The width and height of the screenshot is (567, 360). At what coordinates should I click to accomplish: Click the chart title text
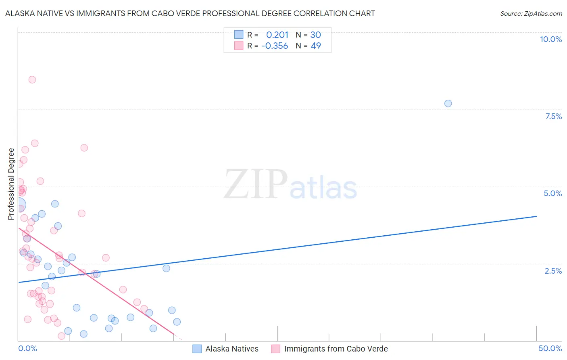190,14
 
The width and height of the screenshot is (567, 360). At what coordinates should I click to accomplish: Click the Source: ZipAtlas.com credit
531,14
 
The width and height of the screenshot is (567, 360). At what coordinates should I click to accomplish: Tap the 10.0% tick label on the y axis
550,39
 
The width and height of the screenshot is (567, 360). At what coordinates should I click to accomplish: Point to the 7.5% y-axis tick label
553,116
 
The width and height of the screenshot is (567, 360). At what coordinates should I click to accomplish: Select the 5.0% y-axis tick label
552,193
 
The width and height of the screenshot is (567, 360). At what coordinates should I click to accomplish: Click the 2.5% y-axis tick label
553,271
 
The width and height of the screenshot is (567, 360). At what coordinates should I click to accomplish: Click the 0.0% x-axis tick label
27,348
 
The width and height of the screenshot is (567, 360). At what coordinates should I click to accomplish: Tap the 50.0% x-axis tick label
550,348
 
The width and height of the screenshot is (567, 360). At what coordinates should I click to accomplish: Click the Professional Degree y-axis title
11,184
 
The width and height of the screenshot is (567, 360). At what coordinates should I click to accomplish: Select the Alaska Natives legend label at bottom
232,349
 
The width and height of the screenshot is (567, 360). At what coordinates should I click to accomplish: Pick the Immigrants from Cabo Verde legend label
336,349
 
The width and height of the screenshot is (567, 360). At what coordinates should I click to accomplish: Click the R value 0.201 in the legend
277,35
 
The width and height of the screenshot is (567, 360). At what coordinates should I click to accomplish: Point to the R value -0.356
275,46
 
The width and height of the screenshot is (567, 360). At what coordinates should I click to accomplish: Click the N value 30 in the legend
316,35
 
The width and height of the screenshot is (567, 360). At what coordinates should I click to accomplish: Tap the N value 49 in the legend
316,46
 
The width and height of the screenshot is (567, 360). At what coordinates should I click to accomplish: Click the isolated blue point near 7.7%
448,103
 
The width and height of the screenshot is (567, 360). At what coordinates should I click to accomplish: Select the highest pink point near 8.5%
32,80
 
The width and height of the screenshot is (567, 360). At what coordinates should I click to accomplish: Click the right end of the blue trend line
536,216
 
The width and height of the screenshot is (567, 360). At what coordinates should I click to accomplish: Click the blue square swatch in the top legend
239,35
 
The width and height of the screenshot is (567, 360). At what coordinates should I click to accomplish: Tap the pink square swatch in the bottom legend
275,349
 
